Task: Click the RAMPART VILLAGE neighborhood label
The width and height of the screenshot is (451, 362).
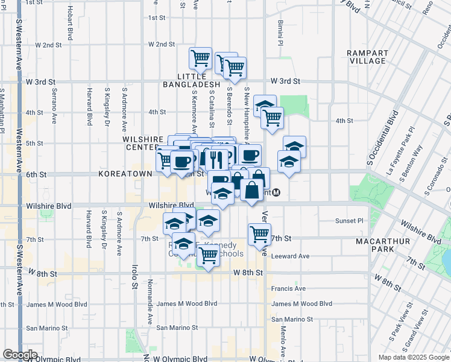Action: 367,57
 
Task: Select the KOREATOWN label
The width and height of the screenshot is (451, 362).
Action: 126,174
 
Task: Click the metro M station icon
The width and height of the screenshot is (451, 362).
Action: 276,193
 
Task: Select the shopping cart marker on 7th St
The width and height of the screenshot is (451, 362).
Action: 259,233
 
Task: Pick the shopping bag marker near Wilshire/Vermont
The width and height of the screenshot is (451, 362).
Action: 251,189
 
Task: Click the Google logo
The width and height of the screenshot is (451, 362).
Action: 20,355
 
